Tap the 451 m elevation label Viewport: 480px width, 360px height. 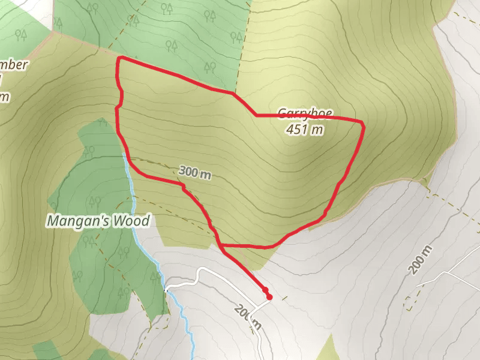tap(305, 129)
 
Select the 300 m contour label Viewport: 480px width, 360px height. tap(195, 173)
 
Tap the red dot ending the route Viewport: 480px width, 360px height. tap(269, 296)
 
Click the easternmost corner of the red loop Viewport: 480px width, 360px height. tap(363, 122)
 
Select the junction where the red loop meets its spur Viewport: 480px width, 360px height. tap(221, 246)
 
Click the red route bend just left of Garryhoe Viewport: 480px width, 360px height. tap(256, 114)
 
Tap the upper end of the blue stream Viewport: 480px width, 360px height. tap(124, 154)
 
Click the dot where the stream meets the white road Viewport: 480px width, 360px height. tap(166, 290)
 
